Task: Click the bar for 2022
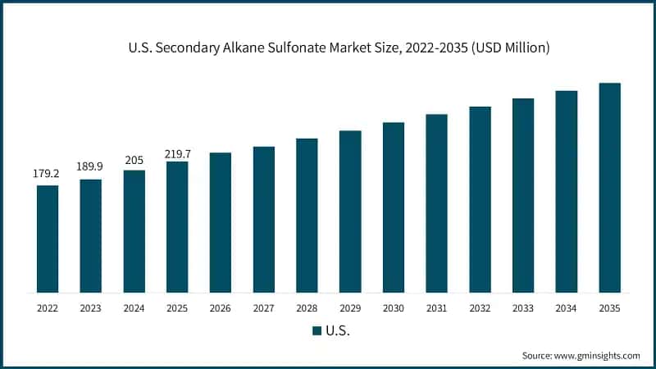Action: pyautogui.click(x=48, y=239)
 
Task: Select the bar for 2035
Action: pyautogui.click(x=609, y=188)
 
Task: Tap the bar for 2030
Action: pyautogui.click(x=394, y=207)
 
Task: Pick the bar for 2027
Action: pyautogui.click(x=264, y=219)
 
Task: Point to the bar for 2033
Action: pyautogui.click(x=523, y=195)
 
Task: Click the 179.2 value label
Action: pyautogui.click(x=48, y=174)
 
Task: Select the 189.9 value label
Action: pyautogui.click(x=91, y=167)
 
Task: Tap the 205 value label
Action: pyautogui.click(x=134, y=159)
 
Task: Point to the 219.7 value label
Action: pyautogui.click(x=177, y=151)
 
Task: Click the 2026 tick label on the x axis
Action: pyautogui.click(x=221, y=308)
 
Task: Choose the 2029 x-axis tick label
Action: pyautogui.click(x=350, y=308)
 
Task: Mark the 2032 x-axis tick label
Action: pyautogui.click(x=480, y=308)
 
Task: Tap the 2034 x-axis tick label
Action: pyautogui.click(x=567, y=308)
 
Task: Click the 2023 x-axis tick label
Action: pyautogui.click(x=91, y=308)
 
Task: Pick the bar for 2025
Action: pyautogui.click(x=177, y=226)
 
